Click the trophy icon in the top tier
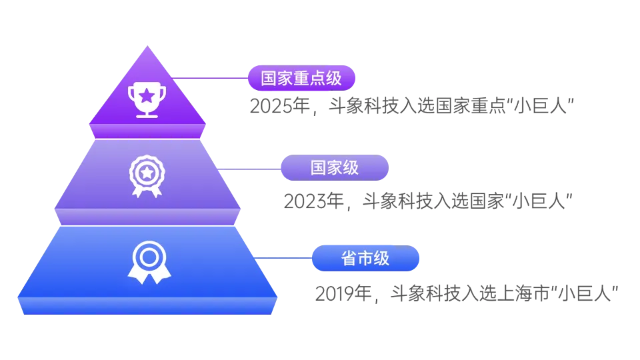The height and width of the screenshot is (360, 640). (x=147, y=100)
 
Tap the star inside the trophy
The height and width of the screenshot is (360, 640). (x=147, y=96)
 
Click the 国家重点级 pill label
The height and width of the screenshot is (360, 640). (x=301, y=78)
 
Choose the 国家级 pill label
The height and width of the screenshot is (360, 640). (x=335, y=168)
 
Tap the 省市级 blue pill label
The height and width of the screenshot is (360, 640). (x=366, y=258)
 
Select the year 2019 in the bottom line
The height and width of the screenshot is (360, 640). (x=336, y=293)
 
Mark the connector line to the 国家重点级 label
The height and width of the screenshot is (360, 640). (x=210, y=78)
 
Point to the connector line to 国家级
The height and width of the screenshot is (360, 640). (x=249, y=169)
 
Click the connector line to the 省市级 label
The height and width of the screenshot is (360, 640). (x=283, y=258)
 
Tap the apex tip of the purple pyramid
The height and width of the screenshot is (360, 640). (x=147, y=46)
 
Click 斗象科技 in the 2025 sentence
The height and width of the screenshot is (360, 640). (x=364, y=106)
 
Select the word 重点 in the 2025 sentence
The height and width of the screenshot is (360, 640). (x=489, y=106)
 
